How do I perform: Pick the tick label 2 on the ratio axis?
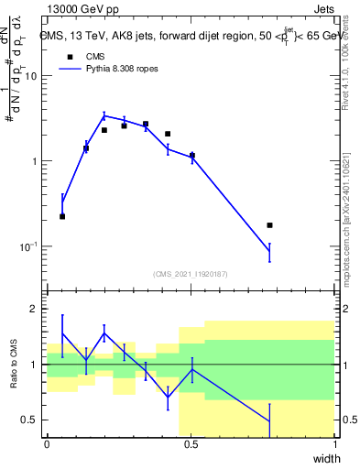pyautogui.click(x=34, y=309)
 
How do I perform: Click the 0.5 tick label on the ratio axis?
pyautogui.click(x=29, y=420)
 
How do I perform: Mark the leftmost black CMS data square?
pyautogui.click(x=62, y=216)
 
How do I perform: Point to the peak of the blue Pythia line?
pyautogui.click(x=104, y=115)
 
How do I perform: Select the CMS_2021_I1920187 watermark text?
pyautogui.click(x=191, y=274)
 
